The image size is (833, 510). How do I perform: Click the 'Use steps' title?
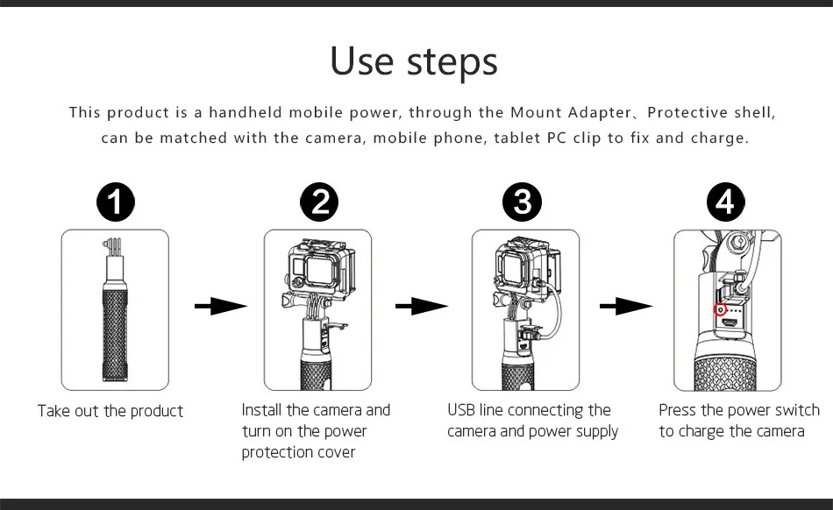pos(414,61)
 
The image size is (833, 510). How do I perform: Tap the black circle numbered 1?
pos(115,202)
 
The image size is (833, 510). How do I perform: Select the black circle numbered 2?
pos(319,202)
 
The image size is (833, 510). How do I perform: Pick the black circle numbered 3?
pos(523,202)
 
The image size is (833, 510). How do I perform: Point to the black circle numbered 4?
pos(726,202)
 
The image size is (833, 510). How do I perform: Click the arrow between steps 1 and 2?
pos(221,306)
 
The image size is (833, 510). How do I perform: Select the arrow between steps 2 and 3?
pos(422,306)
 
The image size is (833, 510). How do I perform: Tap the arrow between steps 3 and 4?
pos(626,306)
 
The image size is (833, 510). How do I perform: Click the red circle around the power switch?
pos(721,308)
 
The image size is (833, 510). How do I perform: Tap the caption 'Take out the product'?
pos(110,411)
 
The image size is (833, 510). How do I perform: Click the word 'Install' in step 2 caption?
pos(261,410)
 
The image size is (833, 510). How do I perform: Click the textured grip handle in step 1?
pos(115,335)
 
